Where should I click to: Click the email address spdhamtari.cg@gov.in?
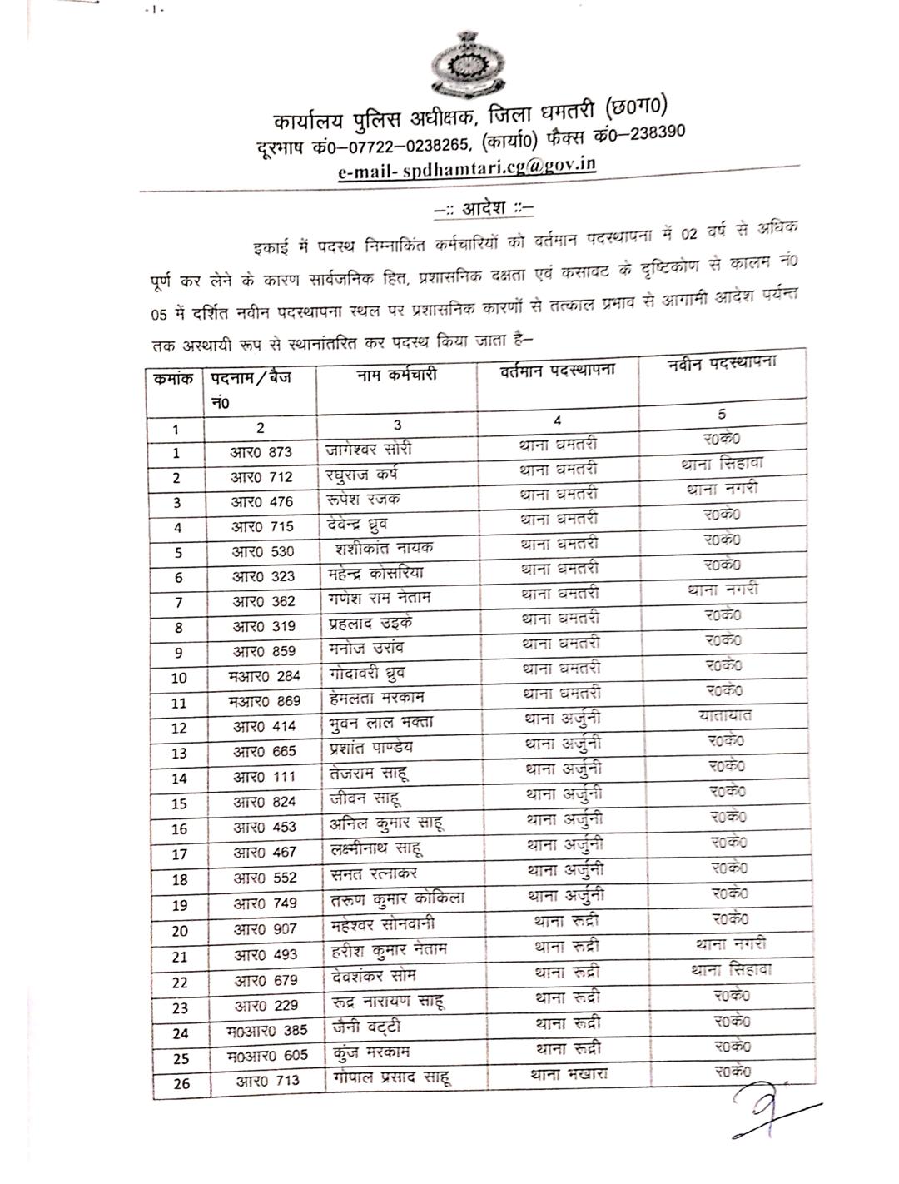[x=467, y=167]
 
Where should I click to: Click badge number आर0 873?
[x=261, y=452]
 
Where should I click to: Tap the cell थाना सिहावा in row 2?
[x=722, y=464]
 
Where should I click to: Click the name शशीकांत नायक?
[x=384, y=548]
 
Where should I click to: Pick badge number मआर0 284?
[x=264, y=676]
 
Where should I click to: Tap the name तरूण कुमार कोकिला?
[x=396, y=898]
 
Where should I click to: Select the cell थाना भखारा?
[x=569, y=1074]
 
